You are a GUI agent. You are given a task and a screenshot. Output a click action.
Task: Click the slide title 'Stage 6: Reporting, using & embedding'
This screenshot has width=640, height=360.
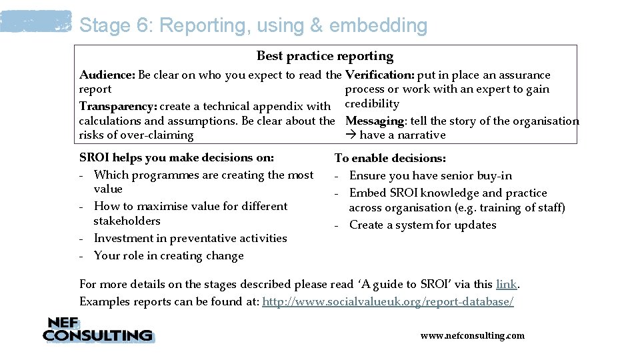[253, 25]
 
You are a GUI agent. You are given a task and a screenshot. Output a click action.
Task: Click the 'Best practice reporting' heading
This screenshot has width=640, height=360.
[325, 57]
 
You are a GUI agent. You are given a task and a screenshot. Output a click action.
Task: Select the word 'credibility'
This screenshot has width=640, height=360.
[372, 104]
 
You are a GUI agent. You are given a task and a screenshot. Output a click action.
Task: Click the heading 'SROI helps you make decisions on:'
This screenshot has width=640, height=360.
[177, 159]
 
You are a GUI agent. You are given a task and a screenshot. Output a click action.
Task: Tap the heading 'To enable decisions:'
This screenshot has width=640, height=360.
[390, 159]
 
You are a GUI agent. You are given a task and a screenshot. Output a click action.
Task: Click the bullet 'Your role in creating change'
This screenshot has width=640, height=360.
[169, 256]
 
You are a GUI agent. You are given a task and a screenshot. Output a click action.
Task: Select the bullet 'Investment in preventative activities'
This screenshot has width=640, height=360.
[190, 239]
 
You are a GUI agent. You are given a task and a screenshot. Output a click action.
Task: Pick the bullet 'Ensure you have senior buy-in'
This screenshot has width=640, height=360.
[430, 176]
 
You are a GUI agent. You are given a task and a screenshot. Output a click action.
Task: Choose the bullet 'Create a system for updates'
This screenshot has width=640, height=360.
[422, 225]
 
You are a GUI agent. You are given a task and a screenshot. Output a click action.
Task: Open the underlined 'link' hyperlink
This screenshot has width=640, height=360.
[507, 285]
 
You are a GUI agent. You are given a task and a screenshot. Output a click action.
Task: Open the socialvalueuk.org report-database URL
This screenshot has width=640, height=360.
[388, 302]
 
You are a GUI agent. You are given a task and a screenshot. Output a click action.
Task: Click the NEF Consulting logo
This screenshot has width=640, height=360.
[98, 330]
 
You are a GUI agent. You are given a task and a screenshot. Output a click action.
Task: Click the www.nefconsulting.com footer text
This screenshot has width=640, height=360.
[472, 336]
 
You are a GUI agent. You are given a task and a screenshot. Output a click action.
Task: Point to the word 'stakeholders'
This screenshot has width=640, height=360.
[127, 221]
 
